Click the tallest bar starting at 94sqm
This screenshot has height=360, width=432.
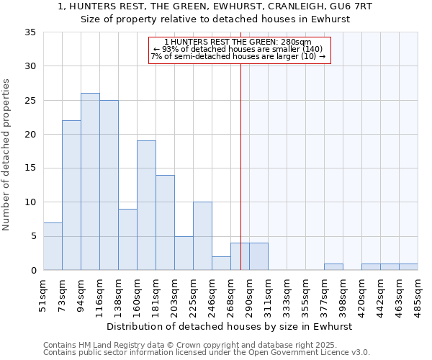point(90,181)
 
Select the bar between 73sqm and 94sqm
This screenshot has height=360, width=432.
point(71,195)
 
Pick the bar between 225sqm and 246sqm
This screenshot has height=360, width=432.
point(202,236)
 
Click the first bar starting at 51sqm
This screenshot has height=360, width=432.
point(53,246)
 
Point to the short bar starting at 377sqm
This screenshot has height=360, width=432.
point(333,267)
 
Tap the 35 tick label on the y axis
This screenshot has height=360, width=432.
point(30,32)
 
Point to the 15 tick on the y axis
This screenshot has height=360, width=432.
point(30,168)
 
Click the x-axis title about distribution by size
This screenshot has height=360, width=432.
point(230,326)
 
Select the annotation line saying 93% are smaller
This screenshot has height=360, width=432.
point(238,49)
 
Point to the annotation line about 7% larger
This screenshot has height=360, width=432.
point(238,56)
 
